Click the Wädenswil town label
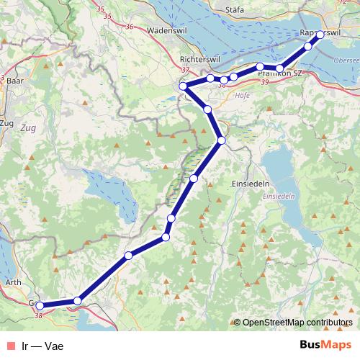pyautogui.click(x=166, y=32)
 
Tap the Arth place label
pyautogui.click(x=12, y=284)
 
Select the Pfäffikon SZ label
pyautogui.click(x=279, y=73)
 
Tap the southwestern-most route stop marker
pyautogui.click(x=40, y=306)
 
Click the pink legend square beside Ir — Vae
pyautogui.click(x=9, y=345)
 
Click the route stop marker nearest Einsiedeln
pyautogui.click(x=222, y=140)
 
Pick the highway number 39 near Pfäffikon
pyautogui.click(x=266, y=85)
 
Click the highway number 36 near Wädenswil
pyautogui.click(x=130, y=26)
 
